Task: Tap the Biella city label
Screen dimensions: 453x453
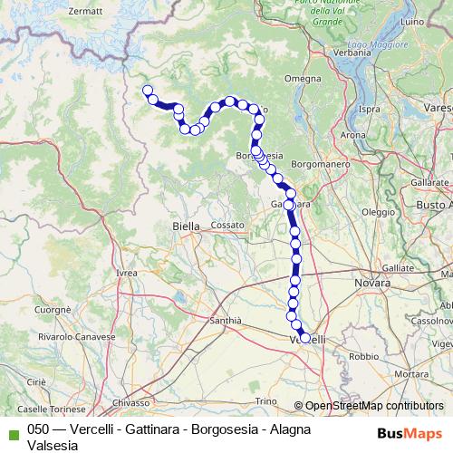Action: tap(187, 226)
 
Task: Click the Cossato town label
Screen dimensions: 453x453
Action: tap(228, 224)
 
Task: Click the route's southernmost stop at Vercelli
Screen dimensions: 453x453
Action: tap(304, 338)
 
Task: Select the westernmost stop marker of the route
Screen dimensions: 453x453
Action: tap(147, 90)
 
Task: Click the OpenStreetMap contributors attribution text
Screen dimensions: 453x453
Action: tap(369, 406)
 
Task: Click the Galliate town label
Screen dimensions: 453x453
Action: tap(398, 268)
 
